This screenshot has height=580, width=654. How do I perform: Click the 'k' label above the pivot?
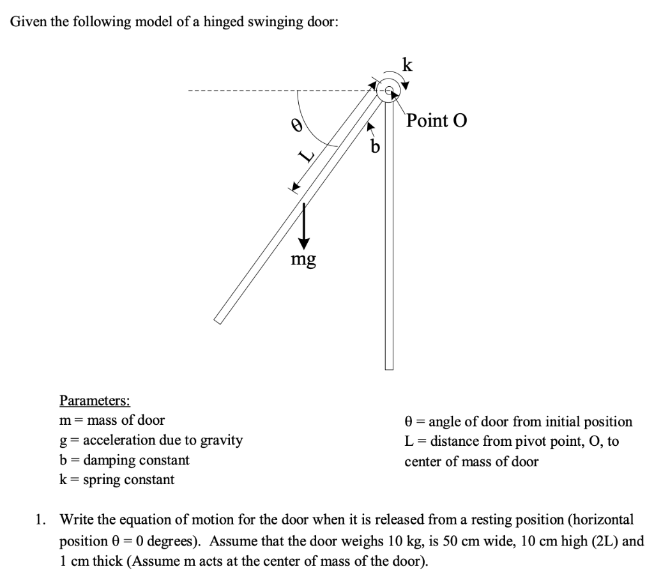tap(407, 65)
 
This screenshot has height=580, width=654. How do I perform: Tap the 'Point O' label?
tap(437, 121)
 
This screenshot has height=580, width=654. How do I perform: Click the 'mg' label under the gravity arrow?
tap(303, 259)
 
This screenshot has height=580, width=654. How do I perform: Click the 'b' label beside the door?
tap(376, 148)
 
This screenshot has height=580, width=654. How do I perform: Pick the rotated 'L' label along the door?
tap(308, 155)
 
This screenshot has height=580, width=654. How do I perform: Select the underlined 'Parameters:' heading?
tap(95, 401)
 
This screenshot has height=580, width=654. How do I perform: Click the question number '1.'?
tap(41, 519)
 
